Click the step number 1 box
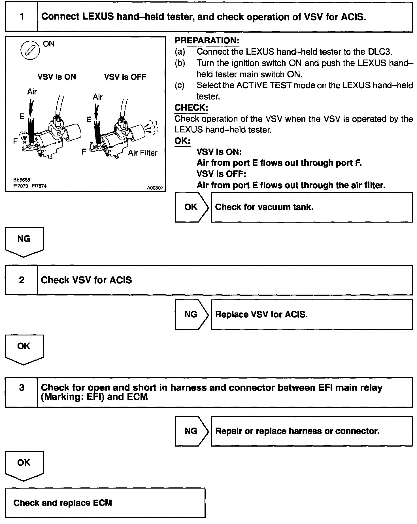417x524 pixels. [22, 17]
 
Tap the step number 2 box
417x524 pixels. [22, 280]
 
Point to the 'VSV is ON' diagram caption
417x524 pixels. [57, 77]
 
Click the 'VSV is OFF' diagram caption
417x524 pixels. [125, 77]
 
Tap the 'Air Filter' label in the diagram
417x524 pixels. [142, 153]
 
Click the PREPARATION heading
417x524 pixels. [207, 41]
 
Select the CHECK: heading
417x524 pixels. [192, 108]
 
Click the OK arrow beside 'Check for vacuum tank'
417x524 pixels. [192, 207]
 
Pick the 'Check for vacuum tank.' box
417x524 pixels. [312, 207]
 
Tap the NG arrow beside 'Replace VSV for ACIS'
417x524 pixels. [192, 314]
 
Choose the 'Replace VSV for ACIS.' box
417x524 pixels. [312, 315]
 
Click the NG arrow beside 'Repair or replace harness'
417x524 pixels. [192, 431]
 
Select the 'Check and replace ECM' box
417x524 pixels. [105, 503]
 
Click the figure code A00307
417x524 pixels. [155, 188]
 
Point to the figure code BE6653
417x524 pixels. [22, 180]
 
